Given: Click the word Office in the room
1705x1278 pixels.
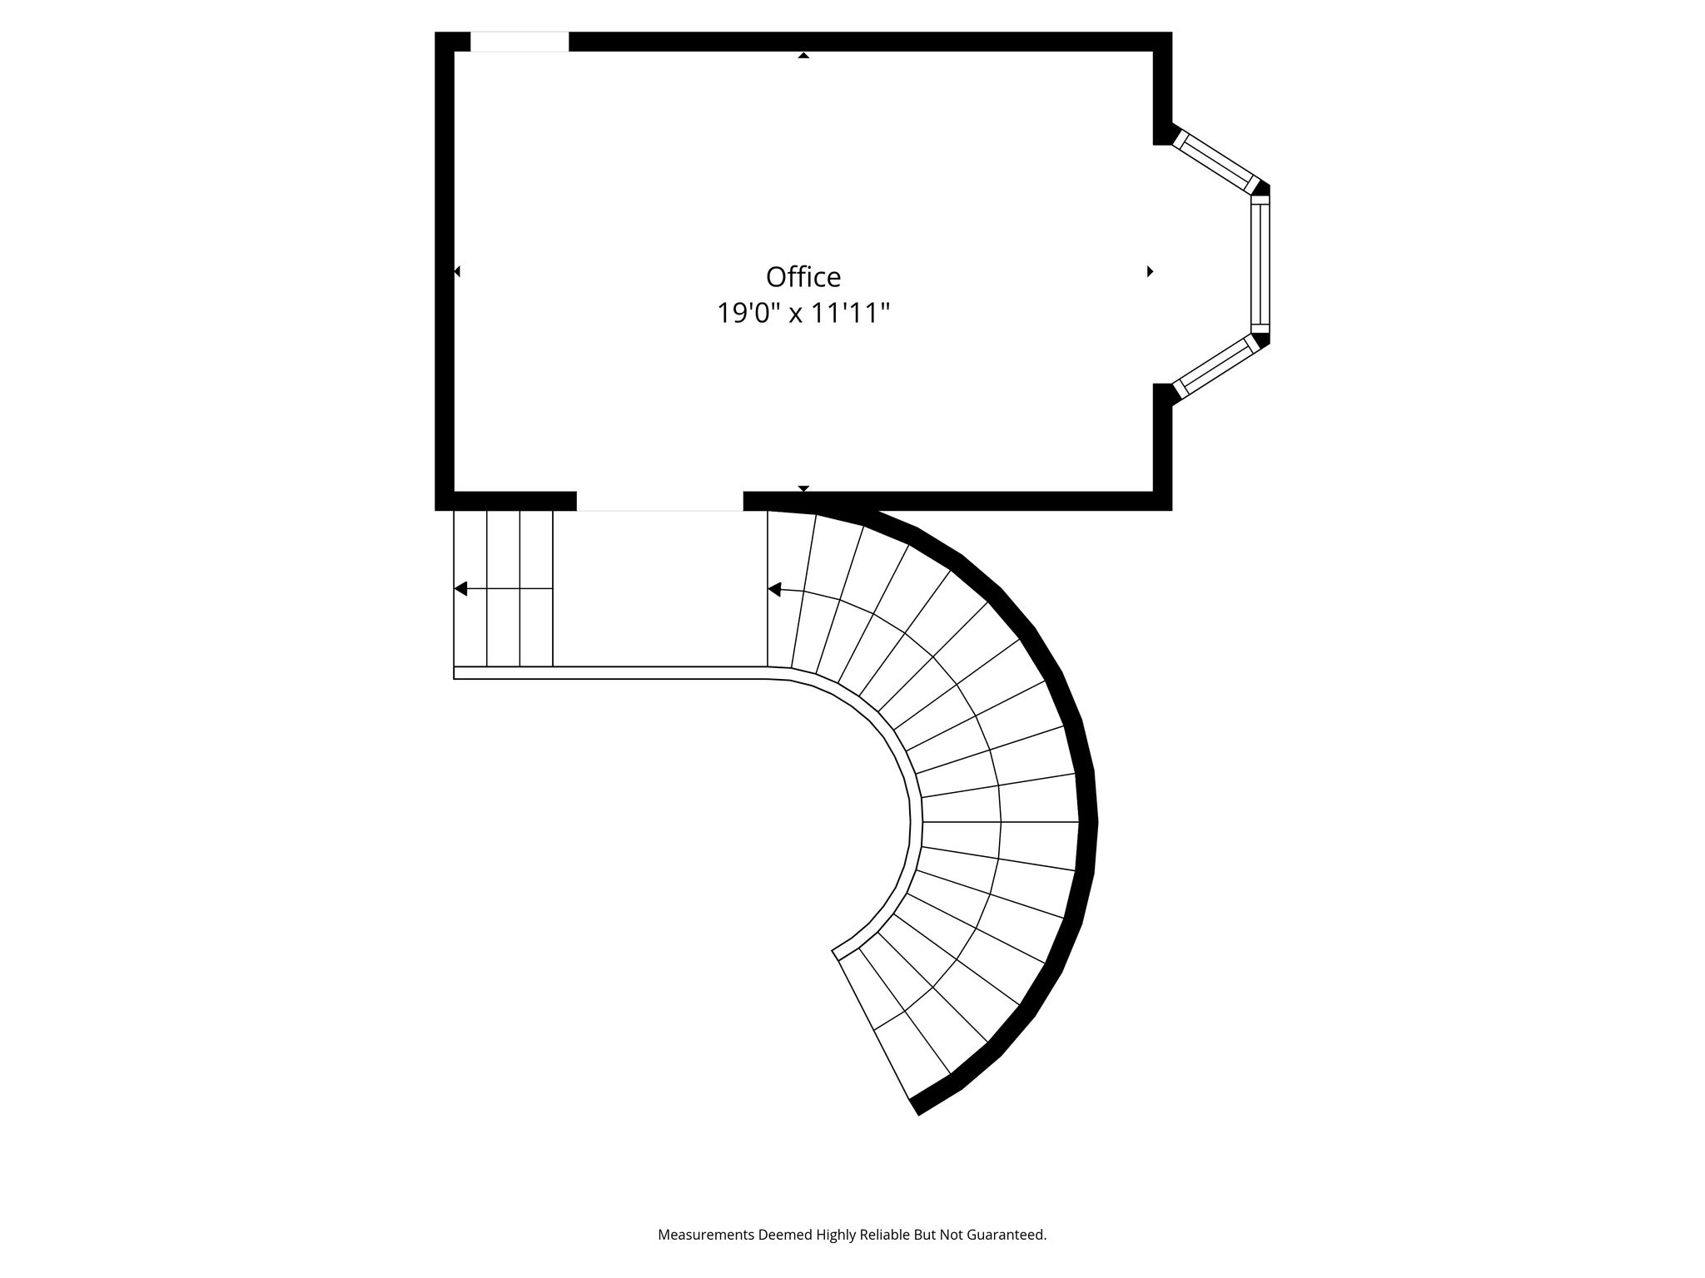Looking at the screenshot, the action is [803, 276].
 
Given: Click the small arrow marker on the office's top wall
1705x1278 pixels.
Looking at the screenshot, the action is [803, 55].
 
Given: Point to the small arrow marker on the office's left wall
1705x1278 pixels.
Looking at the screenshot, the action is [457, 271].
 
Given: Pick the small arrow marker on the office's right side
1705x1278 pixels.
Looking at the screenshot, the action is [1151, 271].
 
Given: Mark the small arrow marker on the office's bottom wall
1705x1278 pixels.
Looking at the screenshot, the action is [803, 488].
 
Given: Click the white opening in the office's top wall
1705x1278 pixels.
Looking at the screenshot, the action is [519, 42].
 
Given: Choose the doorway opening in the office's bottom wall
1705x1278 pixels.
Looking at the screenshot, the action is [659, 501].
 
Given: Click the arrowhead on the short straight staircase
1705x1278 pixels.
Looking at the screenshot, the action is [460, 589].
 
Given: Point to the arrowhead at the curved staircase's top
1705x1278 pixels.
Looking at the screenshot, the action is [774, 590].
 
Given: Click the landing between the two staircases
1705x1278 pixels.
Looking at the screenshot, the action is [659, 589].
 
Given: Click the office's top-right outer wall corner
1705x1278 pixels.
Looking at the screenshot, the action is [1171, 32].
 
